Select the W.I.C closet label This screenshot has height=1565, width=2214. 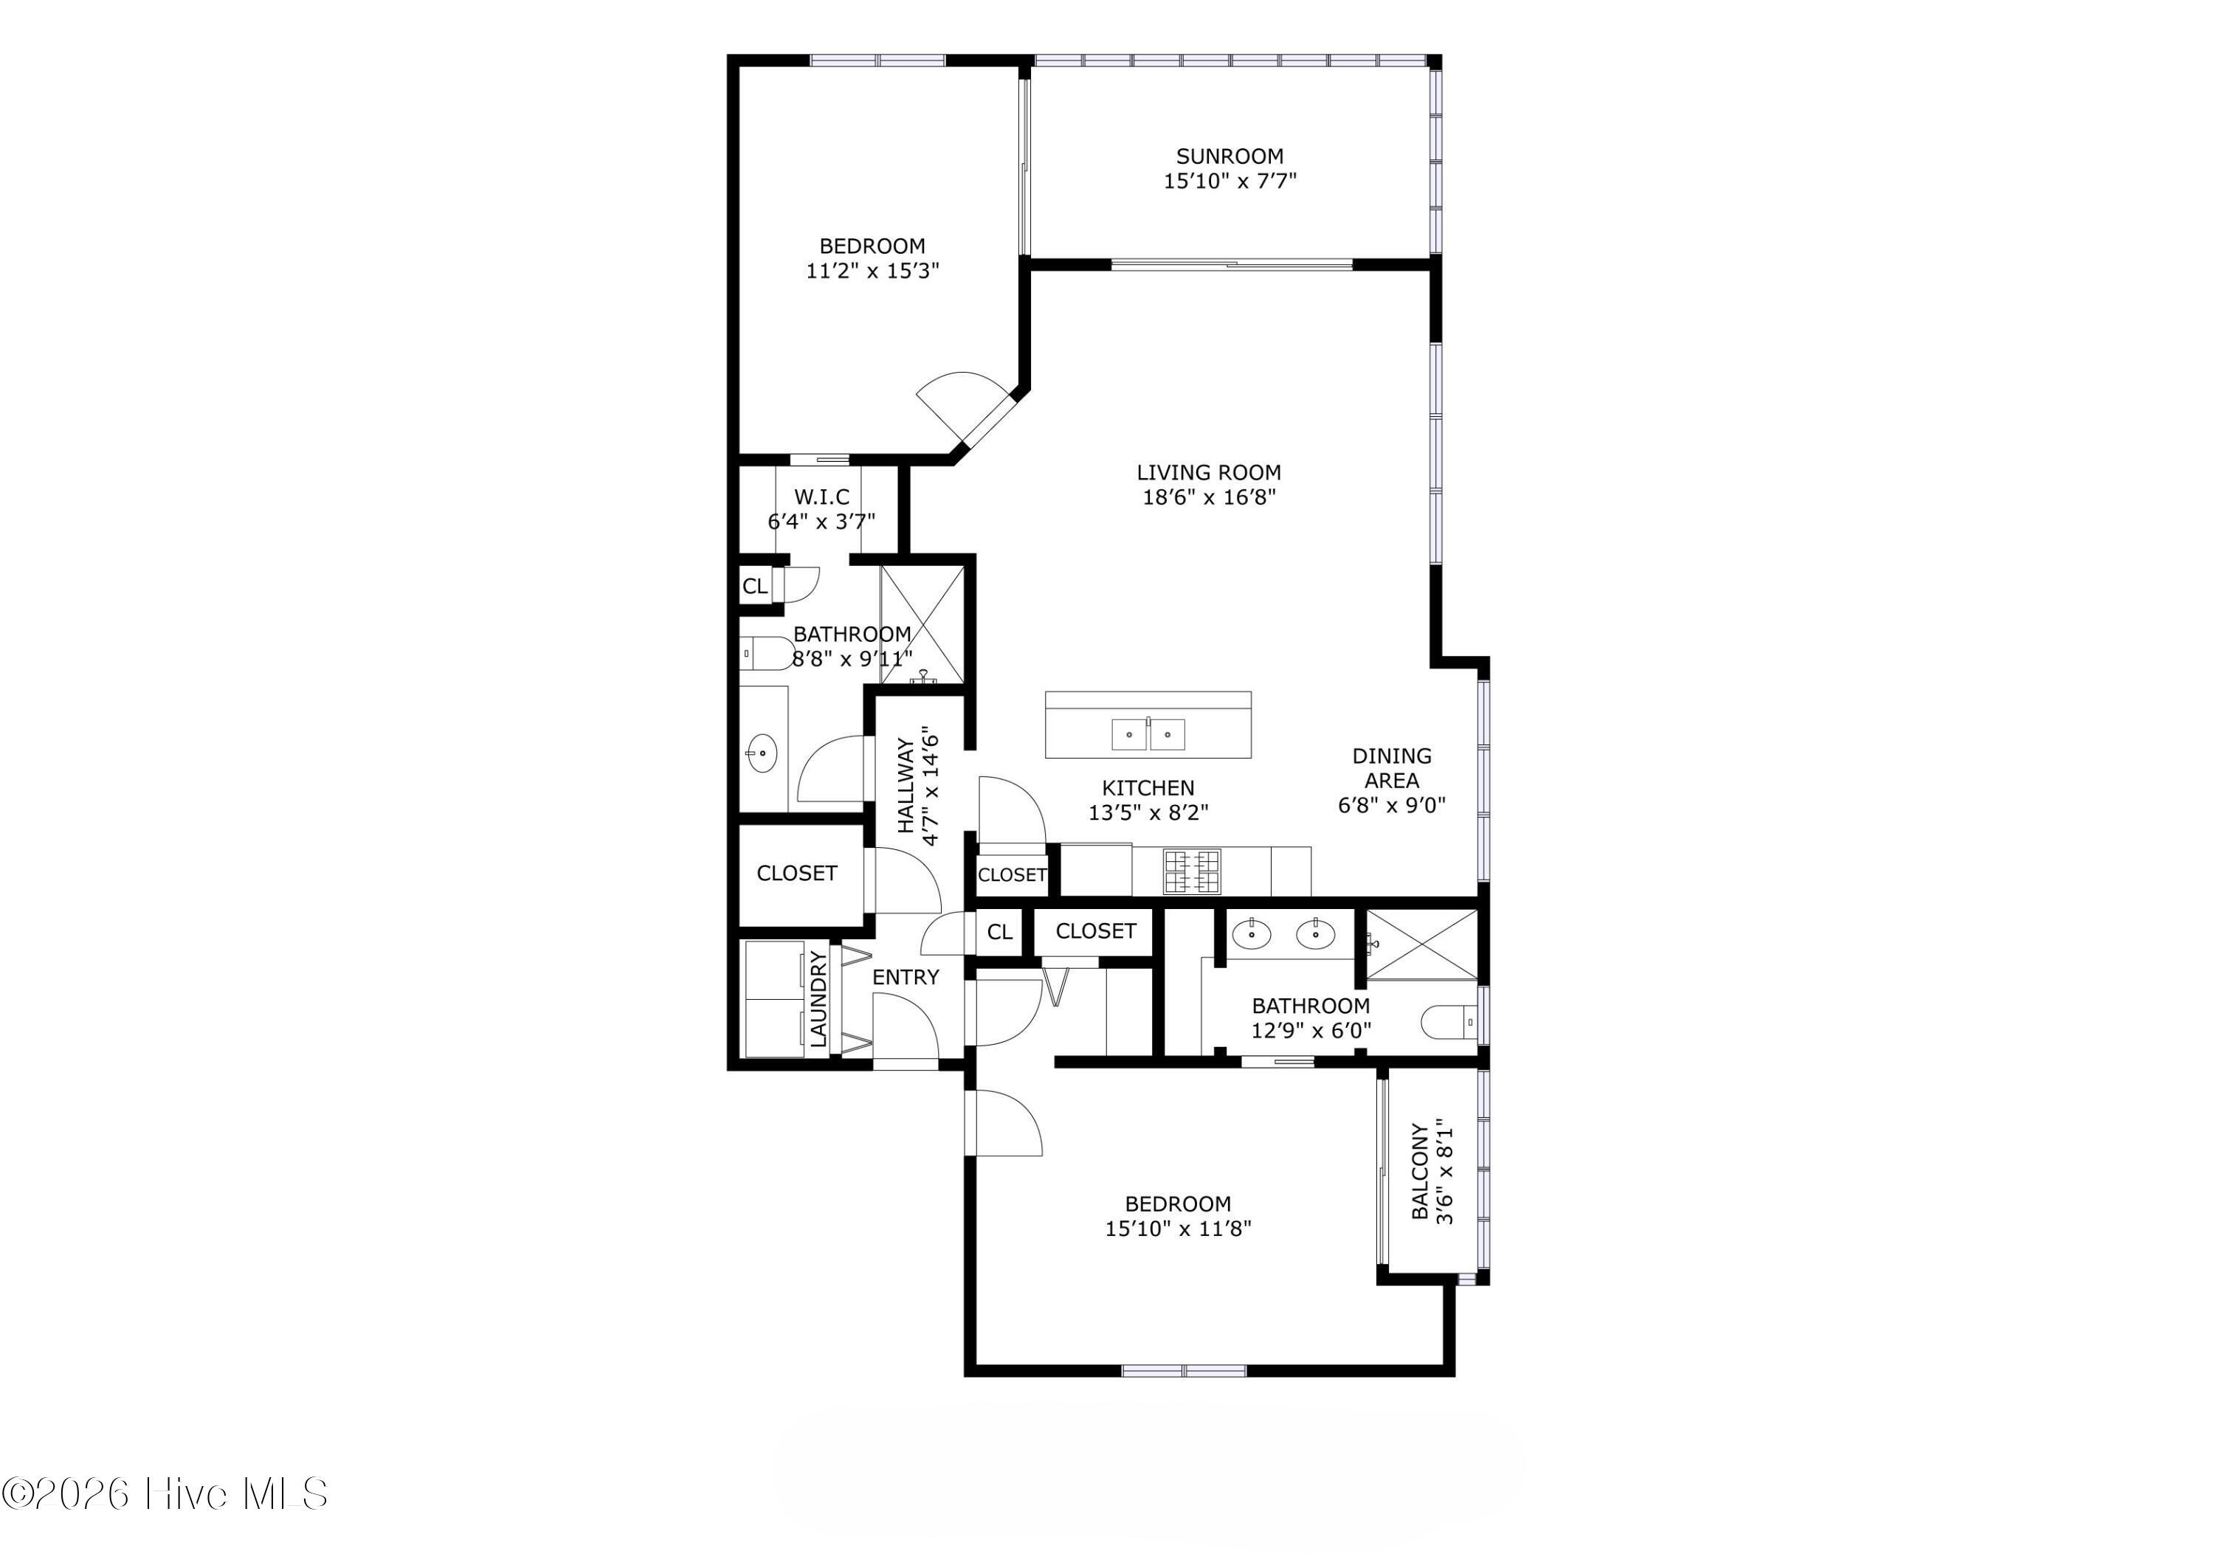[821, 497]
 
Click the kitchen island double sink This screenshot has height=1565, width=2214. [1148, 734]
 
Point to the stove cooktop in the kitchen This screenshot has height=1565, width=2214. [1191, 871]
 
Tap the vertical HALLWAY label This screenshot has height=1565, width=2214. [906, 785]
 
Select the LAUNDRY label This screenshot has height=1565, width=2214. [818, 998]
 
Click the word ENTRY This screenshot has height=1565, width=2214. [905, 977]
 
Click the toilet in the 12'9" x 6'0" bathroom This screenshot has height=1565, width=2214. [1449, 1021]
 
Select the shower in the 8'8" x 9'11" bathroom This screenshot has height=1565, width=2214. [922, 625]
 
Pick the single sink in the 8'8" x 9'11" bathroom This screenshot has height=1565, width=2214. [762, 752]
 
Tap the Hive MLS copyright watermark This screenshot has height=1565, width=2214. [165, 1493]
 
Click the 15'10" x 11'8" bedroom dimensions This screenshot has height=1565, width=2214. [1177, 1229]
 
